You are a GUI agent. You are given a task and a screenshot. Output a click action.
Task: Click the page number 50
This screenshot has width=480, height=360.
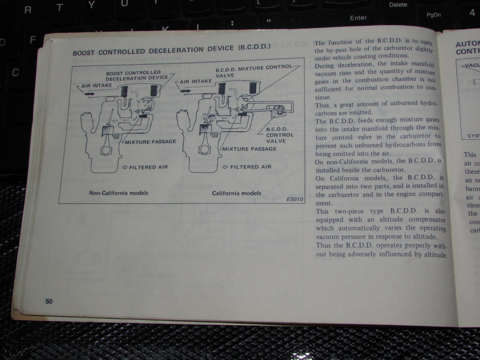tap(49, 301)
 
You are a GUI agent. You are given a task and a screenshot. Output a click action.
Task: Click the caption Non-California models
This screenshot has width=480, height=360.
tap(119, 193)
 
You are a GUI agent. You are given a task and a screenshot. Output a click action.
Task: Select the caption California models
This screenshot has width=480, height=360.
tap(237, 193)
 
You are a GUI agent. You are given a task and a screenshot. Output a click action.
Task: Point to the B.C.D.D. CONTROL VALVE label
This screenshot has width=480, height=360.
tap(280, 135)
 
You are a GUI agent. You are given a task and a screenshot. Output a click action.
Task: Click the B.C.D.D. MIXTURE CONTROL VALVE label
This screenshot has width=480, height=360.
tap(254, 71)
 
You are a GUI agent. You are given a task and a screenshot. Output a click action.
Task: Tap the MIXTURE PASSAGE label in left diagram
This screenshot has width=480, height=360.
tap(150, 142)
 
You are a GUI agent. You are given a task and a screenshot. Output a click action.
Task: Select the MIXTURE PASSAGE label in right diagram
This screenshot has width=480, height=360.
tap(249, 149)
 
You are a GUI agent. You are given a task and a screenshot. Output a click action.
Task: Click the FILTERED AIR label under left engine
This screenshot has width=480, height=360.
tap(148, 167)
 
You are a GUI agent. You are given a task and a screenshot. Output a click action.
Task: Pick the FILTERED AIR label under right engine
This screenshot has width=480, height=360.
tap(251, 167)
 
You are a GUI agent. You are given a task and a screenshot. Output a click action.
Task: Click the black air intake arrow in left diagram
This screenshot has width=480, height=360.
tap(89, 94)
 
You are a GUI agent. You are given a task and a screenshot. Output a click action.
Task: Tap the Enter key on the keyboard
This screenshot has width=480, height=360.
tap(358, 18)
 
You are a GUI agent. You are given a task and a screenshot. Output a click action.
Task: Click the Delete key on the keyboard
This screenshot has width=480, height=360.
tap(398, 5)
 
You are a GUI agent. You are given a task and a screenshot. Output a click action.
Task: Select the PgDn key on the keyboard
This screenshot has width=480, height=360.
tap(433, 15)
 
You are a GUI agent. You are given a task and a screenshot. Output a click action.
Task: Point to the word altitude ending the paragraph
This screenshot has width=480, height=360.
tap(435, 255)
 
